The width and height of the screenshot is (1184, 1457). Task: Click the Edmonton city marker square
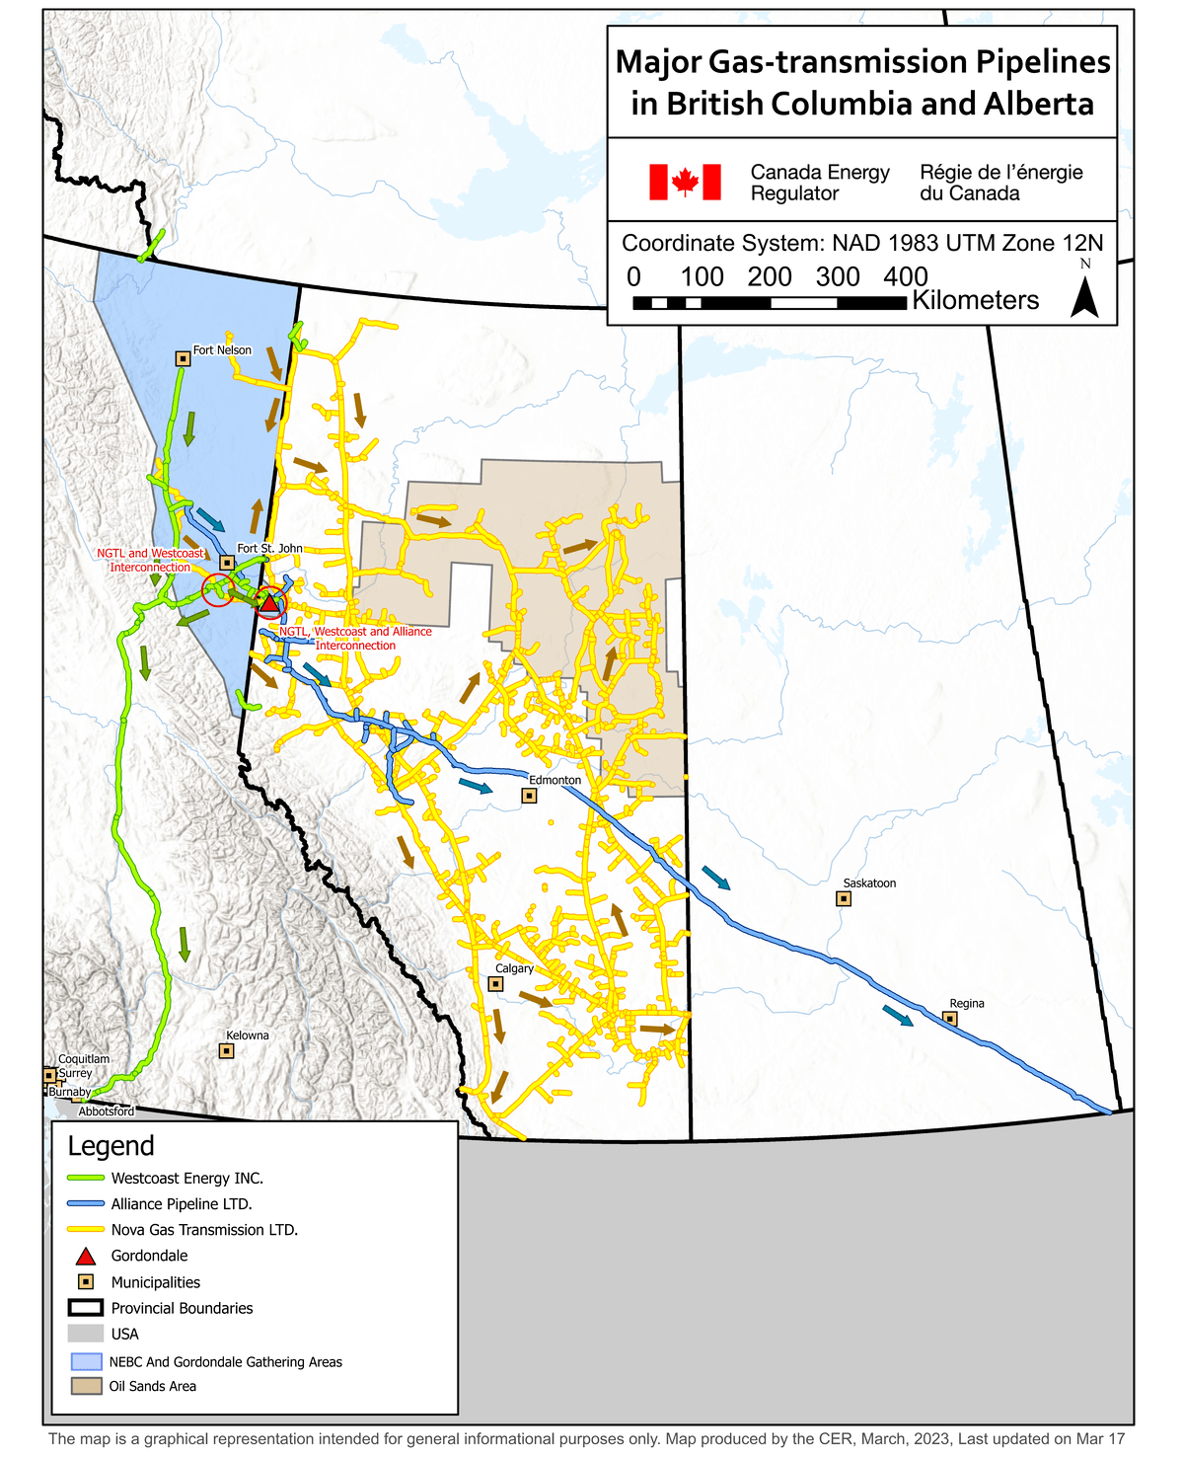click(529, 795)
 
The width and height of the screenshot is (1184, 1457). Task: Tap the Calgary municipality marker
click(495, 983)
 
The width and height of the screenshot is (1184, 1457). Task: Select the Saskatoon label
click(869, 883)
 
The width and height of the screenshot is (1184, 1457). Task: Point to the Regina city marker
click(949, 1018)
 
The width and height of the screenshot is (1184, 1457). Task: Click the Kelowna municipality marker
click(226, 1050)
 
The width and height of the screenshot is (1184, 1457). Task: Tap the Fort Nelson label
click(222, 350)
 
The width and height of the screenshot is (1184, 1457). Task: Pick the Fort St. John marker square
click(227, 563)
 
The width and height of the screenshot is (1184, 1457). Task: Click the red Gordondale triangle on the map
click(269, 602)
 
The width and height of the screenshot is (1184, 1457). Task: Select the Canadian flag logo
click(685, 183)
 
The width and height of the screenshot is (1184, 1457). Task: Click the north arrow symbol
click(1084, 297)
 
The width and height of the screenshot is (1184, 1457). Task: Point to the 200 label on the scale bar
click(770, 277)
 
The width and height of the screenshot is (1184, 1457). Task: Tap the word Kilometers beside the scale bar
click(975, 301)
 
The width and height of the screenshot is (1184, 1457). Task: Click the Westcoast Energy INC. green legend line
click(86, 1178)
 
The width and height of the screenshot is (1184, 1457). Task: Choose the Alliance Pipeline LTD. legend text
click(182, 1204)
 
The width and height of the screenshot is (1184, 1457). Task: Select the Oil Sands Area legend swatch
click(86, 1386)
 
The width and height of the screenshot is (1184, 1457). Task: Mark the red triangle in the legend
click(86, 1257)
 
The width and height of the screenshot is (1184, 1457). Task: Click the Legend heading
click(111, 1146)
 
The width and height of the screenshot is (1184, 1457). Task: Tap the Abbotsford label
click(107, 1112)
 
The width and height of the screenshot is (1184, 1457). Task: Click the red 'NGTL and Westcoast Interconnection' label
click(150, 561)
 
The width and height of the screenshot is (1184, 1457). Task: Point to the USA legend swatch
click(86, 1334)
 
